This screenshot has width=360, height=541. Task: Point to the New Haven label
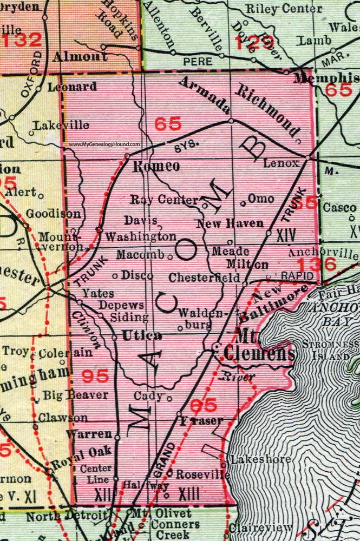(230, 223)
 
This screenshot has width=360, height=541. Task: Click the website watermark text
(104, 145)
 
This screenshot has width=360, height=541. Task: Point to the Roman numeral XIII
(189, 493)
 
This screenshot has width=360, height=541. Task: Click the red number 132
(21, 39)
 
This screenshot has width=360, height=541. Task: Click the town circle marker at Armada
(231, 121)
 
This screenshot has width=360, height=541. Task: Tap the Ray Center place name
(165, 200)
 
